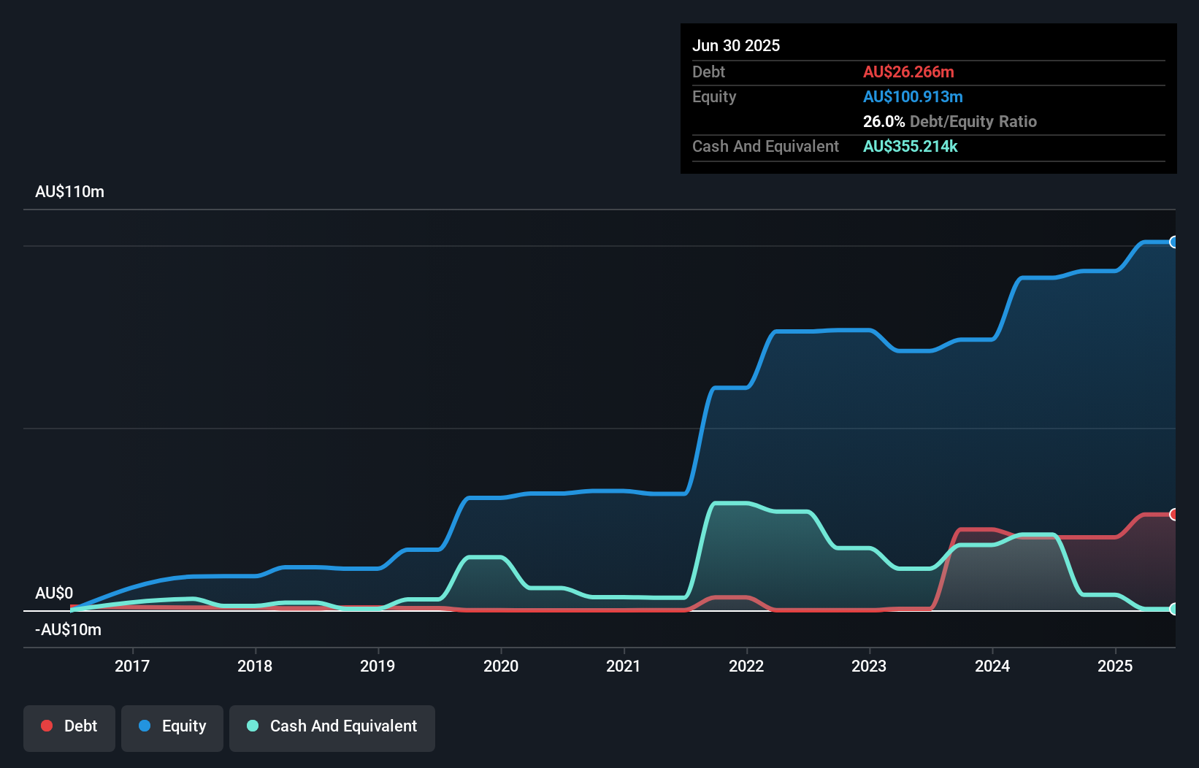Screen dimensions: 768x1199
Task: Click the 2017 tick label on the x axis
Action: pos(132,666)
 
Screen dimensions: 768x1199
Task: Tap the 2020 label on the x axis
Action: pos(501,666)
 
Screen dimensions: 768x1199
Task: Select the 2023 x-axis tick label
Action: pos(869,666)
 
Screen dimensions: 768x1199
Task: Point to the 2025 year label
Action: pos(1115,666)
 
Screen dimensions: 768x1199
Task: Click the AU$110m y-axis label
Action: pos(69,192)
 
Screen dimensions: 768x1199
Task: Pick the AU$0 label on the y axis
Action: pos(54,593)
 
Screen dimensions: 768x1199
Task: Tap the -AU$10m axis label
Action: pos(68,629)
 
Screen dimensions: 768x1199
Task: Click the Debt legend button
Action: pos(69,726)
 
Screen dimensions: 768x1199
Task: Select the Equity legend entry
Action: pos(172,726)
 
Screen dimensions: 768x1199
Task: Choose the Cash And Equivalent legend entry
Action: pos(332,726)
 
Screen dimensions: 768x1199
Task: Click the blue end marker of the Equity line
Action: pos(1173,242)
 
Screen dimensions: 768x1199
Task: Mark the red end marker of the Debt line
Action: pos(1173,515)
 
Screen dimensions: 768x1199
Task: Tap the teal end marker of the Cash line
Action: pos(1173,609)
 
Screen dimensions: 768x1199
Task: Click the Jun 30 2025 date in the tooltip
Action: pos(736,45)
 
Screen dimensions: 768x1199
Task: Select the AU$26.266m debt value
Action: pos(908,72)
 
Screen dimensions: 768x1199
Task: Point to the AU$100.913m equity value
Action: pos(913,96)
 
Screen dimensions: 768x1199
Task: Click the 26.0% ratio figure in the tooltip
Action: pos(884,121)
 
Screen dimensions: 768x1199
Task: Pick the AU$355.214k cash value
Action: pos(910,146)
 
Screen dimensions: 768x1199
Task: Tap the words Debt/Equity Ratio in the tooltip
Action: pos(973,121)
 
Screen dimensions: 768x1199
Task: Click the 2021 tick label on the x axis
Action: pos(624,666)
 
